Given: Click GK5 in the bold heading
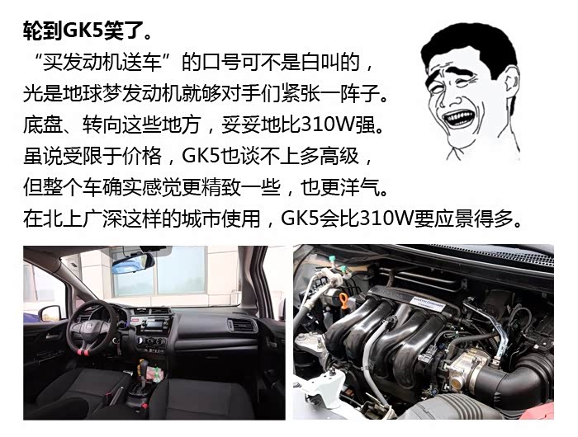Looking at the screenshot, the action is [83, 31].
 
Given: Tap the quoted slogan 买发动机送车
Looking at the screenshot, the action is [102, 62].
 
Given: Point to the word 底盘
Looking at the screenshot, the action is [42, 125].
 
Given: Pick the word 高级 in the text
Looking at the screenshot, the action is [339, 156].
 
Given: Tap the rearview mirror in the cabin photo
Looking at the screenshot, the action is [133, 263].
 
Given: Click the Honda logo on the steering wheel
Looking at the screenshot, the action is [89, 327].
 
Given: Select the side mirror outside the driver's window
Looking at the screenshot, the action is [52, 313].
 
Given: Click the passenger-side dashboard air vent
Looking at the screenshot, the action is [242, 326].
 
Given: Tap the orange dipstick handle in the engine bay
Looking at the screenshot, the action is [343, 301].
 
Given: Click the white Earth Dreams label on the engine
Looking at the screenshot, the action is [428, 301].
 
